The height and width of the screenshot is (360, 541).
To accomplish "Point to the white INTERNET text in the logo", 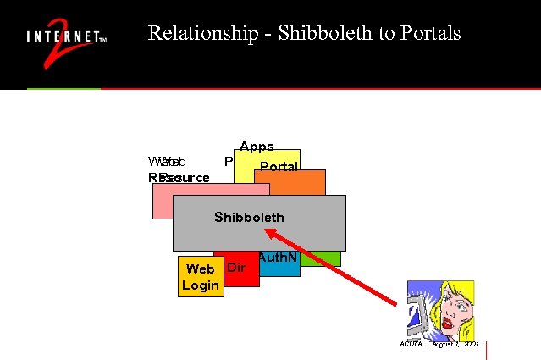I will pyautogui.click(x=63, y=38).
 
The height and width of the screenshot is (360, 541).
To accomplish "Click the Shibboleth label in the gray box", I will pyautogui.click(x=249, y=218).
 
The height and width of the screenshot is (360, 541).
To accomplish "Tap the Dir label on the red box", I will pyautogui.click(x=237, y=269).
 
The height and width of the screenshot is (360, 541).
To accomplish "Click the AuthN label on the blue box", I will pyautogui.click(x=278, y=258).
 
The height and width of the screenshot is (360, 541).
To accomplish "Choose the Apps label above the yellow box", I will pyautogui.click(x=257, y=147).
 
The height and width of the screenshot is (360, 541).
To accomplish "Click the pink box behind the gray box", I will pyautogui.click(x=162, y=201).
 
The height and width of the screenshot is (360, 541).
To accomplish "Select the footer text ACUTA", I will pyautogui.click(x=411, y=345).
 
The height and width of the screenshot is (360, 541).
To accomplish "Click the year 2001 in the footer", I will pyautogui.click(x=471, y=345).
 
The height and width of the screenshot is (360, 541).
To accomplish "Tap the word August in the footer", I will pyautogui.click(x=443, y=345).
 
